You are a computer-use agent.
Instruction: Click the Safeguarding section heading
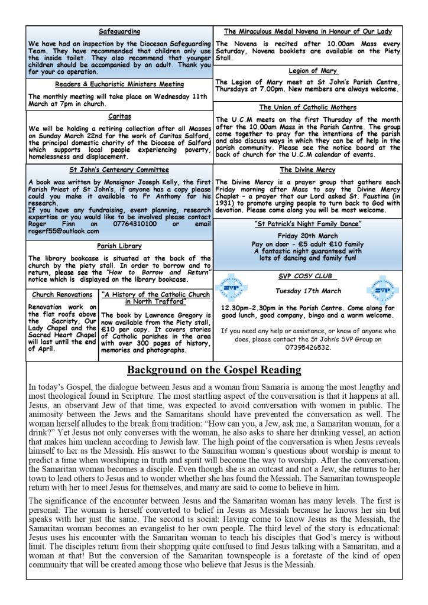click(x=119, y=31)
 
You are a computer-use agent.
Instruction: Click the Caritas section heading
click(x=119, y=116)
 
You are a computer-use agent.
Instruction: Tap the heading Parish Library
click(x=119, y=246)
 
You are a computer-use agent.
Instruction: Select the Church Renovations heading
click(x=62, y=294)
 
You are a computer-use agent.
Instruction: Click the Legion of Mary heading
click(x=307, y=71)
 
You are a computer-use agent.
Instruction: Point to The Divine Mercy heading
click(x=307, y=170)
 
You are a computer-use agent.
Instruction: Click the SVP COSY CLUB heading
click(x=307, y=277)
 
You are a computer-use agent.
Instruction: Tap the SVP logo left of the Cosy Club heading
click(x=232, y=287)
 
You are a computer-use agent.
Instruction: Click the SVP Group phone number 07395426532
click(x=307, y=347)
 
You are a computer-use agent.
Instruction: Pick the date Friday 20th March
click(x=307, y=235)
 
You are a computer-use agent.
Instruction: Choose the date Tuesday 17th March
click(x=307, y=291)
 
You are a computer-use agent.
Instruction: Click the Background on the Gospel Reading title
click(x=214, y=370)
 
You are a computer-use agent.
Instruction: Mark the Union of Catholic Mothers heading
click(x=307, y=108)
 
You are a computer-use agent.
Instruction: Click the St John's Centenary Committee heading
click(x=119, y=170)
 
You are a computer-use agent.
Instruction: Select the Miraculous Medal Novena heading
click(x=307, y=31)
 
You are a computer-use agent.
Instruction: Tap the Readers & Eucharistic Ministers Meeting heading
click(x=119, y=84)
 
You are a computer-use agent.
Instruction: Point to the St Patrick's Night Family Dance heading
click(x=307, y=224)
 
